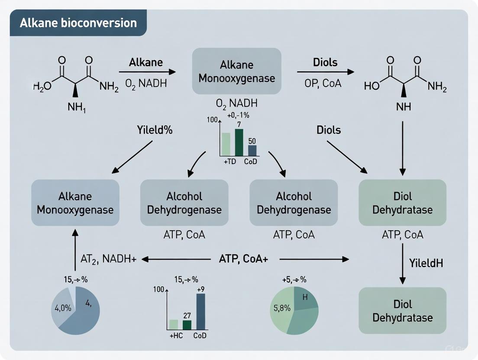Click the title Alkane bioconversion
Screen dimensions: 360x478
pyautogui.click(x=78, y=23)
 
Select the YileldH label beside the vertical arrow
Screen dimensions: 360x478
pyautogui.click(x=426, y=263)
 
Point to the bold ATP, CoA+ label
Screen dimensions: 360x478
pyautogui.click(x=243, y=259)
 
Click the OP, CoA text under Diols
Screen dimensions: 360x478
pyautogui.click(x=323, y=83)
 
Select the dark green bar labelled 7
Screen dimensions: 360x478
pyautogui.click(x=239, y=142)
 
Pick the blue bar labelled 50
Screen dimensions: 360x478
pyautogui.click(x=252, y=151)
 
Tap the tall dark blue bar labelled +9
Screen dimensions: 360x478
pyautogui.click(x=200, y=312)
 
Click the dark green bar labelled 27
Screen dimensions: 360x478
pyautogui.click(x=187, y=325)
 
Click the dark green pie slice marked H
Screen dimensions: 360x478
pyautogui.click(x=305, y=298)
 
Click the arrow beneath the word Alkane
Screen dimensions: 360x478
pyautogui.click(x=147, y=72)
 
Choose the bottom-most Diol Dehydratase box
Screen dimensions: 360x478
pyautogui.click(x=402, y=311)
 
